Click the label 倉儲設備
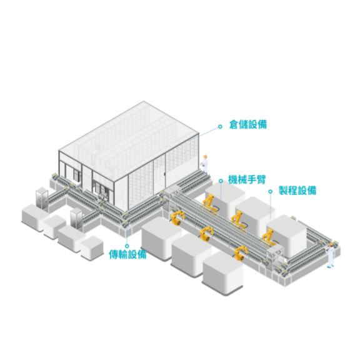(248, 124)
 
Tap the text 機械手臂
(247, 179)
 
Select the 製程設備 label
(297, 191)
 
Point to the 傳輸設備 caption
(127, 254)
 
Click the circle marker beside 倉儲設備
(220, 126)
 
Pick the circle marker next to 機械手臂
(221, 181)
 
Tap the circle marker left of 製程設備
(271, 191)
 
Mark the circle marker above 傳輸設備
(127, 246)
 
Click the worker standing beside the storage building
(205, 164)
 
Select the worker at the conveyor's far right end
(330, 255)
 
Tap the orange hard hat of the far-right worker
(331, 244)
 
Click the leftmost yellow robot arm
(177, 218)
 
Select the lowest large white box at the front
(223, 273)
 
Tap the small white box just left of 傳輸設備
(92, 248)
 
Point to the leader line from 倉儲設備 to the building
(203, 134)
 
